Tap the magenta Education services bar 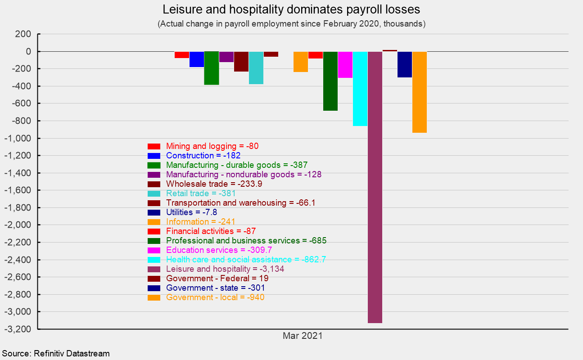(345, 65)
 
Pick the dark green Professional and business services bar (330, 81)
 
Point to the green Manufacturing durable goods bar (212, 68)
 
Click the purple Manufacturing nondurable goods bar (226, 57)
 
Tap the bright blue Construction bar (197, 59)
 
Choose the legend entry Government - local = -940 (215, 297)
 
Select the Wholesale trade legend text (214, 184)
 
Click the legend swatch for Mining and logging (154, 146)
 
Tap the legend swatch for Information (154, 222)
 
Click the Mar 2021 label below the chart (303, 336)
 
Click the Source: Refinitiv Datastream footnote (56, 354)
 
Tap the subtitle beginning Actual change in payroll (291, 24)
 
